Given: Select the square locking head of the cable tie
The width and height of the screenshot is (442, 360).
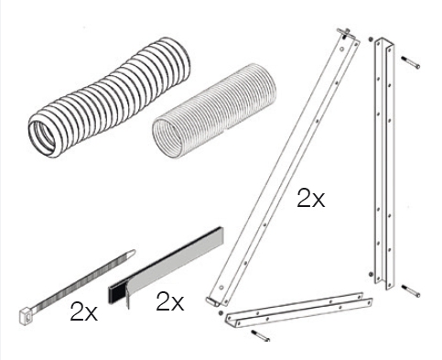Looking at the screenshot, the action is pos(26,316).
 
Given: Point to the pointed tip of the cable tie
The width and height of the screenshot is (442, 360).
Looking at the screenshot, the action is pos(132,252).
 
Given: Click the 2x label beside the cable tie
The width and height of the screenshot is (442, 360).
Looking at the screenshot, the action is pos(83,311).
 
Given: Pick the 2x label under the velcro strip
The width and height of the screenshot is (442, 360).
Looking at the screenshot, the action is pos(170,301).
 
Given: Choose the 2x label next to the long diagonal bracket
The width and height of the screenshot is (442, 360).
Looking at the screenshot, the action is pos(311,198).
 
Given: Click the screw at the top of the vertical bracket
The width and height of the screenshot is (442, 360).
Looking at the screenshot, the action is pos(411,62).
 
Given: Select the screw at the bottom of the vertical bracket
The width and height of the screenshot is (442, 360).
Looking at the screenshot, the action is pos(411,290).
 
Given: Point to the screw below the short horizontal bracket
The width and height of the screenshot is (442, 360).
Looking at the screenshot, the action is pos(261,335).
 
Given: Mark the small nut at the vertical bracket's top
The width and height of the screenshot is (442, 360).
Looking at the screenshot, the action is pos(371,39).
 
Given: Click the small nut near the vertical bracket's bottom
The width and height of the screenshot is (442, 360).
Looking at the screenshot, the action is pos(371,274).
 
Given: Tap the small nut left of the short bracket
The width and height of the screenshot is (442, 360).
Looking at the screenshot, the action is pos(221,313).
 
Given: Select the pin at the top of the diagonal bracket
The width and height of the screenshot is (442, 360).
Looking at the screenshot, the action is pos(345,32).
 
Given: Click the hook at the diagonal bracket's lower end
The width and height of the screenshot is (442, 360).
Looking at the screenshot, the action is pos(212,301).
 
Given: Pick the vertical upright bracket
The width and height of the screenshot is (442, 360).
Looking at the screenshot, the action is pos(384,164).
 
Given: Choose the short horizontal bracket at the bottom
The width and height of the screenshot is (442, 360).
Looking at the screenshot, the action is pos(299,310).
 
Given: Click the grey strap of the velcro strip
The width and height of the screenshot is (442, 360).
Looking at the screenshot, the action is pos(176,267).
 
